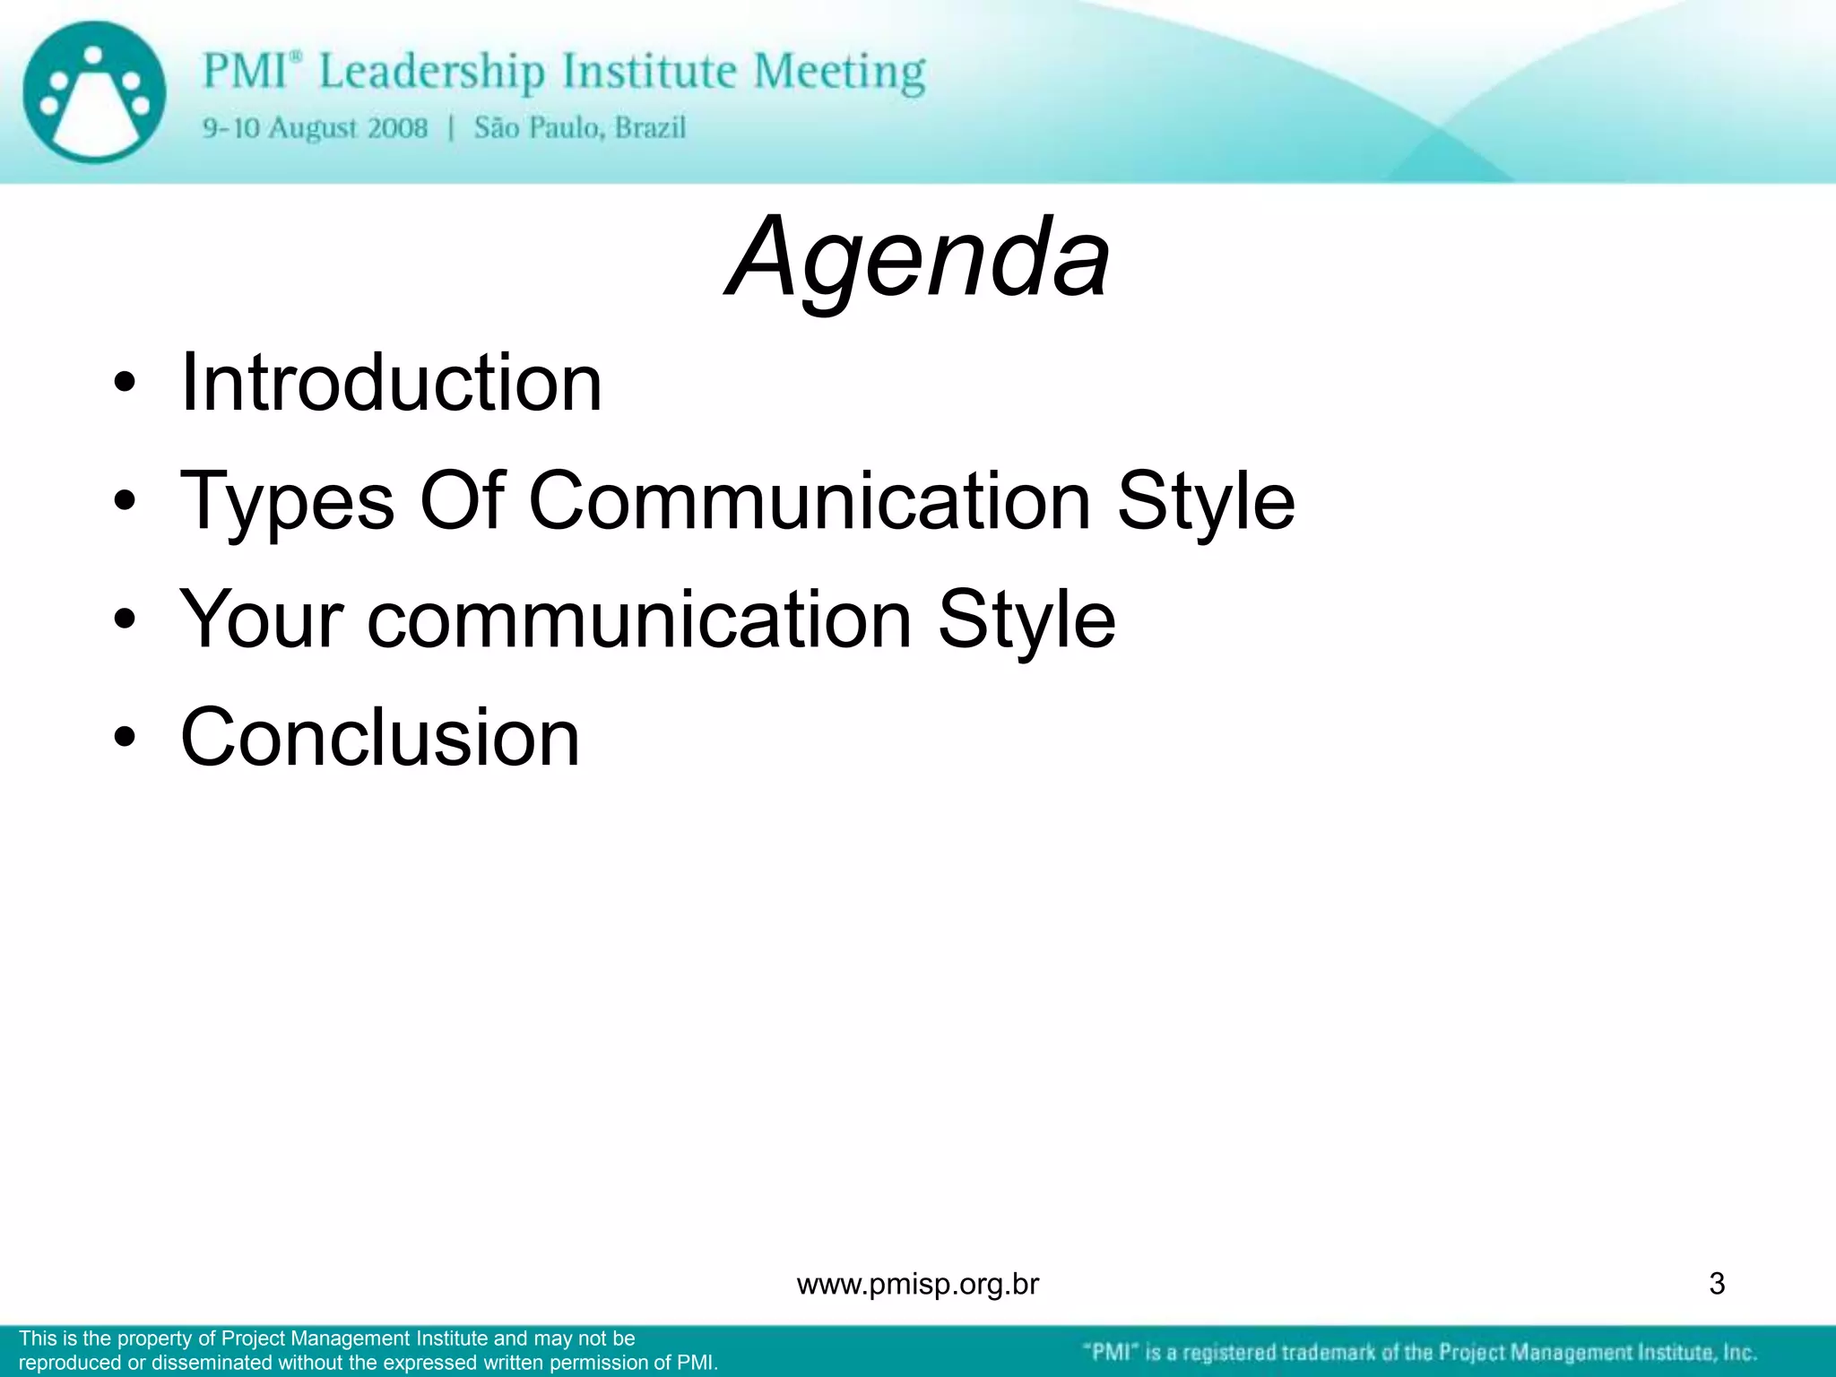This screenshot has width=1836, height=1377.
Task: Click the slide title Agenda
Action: point(918,258)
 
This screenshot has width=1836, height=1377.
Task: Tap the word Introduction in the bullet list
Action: point(391,383)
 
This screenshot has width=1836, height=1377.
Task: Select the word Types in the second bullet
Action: point(287,502)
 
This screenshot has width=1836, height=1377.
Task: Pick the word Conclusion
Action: point(380,737)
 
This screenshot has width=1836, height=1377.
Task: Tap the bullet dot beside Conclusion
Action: point(125,739)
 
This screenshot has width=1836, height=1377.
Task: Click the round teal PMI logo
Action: point(94,92)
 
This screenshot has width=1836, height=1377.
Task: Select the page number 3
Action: point(1717,1284)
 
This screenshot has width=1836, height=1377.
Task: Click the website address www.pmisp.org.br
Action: point(917,1285)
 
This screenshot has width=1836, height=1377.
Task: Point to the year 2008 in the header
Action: point(397,128)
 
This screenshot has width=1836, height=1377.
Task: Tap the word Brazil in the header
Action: point(650,128)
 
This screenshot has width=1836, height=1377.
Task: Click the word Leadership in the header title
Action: point(431,72)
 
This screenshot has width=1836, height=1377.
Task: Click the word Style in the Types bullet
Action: point(1206,502)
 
